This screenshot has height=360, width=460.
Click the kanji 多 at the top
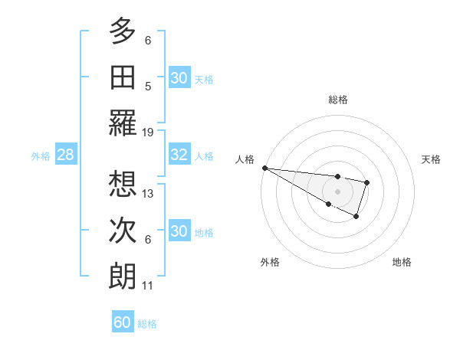tap(123, 31)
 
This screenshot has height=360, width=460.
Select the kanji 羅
tap(123, 123)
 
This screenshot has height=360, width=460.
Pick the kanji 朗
tap(123, 276)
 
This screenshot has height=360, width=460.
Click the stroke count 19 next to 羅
tap(149, 132)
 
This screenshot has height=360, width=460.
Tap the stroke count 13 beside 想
tap(149, 193)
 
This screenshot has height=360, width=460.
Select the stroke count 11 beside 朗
tap(148, 286)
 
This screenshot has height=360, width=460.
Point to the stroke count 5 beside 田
tap(148, 86)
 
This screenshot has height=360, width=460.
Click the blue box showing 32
tap(179, 155)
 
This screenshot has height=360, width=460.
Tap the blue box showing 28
tap(65, 155)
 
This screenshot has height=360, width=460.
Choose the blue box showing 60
tap(123, 322)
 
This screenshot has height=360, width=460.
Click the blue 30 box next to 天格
tap(179, 77)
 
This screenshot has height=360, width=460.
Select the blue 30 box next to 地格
tap(179, 231)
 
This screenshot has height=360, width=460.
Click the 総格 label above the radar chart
tap(337, 100)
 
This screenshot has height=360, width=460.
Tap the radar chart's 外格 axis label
tap(270, 262)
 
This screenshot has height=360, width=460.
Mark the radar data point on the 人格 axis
tap(264, 168)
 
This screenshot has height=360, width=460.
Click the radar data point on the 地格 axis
tap(356, 217)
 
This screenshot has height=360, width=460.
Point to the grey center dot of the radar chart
tap(337, 190)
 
